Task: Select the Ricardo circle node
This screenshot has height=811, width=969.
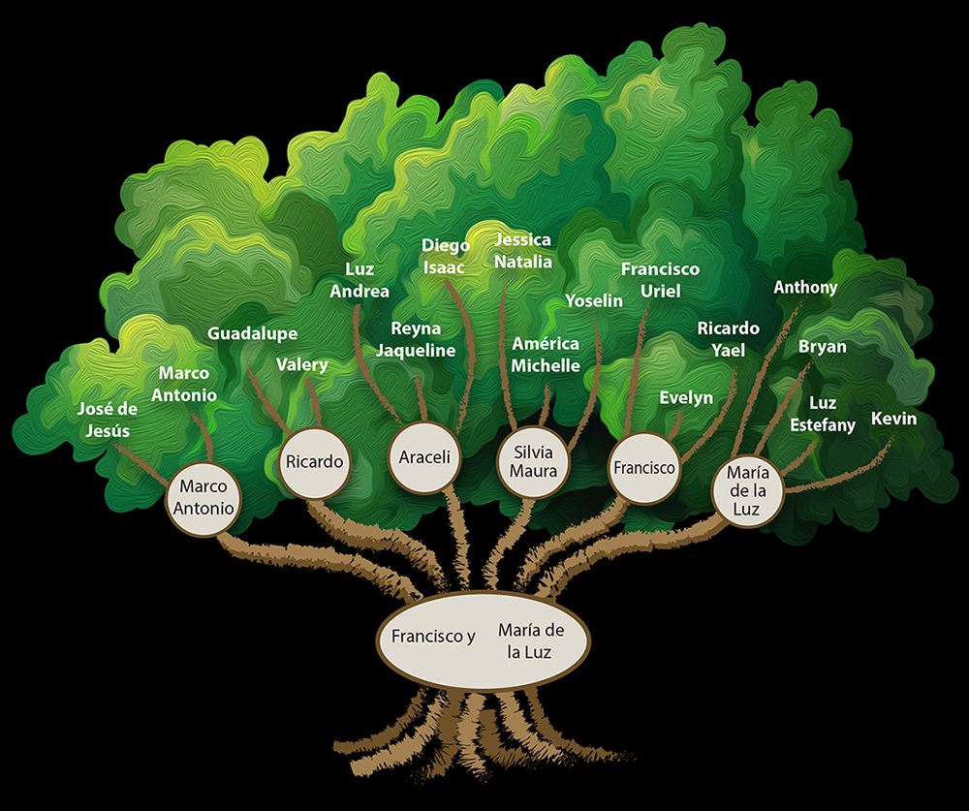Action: (314, 462)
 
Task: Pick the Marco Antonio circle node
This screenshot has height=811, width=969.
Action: (206, 497)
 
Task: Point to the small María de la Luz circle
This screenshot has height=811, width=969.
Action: (747, 490)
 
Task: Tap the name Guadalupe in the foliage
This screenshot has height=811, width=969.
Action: (252, 333)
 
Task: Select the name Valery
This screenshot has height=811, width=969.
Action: (301, 364)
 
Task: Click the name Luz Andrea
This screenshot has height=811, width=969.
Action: (359, 280)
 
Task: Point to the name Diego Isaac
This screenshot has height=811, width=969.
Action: (446, 257)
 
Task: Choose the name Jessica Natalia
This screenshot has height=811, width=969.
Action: (522, 250)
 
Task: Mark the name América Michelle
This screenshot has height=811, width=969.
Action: (546, 355)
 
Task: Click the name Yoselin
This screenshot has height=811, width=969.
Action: (594, 300)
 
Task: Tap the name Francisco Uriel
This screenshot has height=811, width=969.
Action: (660, 279)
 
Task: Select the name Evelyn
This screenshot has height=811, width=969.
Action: (686, 397)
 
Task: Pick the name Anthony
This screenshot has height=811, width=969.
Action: (805, 287)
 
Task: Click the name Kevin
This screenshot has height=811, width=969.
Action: (893, 419)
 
